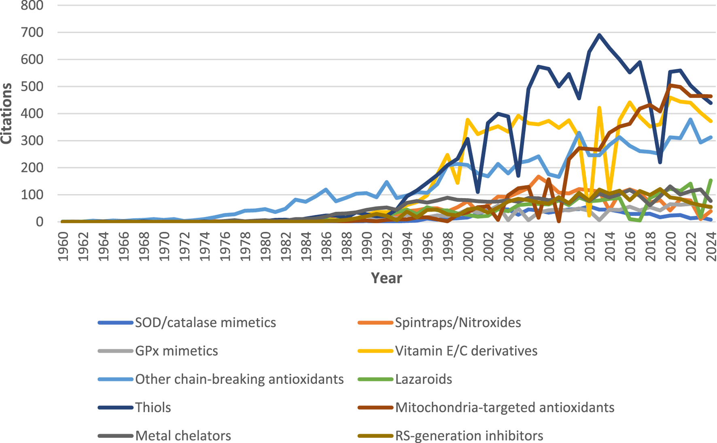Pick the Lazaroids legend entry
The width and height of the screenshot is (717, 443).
423,379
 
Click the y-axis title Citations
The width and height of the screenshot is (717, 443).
6,113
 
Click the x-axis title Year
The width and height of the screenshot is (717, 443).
386,278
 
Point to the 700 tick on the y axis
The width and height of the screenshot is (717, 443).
32,32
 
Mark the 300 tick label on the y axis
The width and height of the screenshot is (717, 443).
32,141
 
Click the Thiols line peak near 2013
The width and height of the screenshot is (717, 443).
599,35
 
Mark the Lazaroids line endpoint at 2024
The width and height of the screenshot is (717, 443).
711,180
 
